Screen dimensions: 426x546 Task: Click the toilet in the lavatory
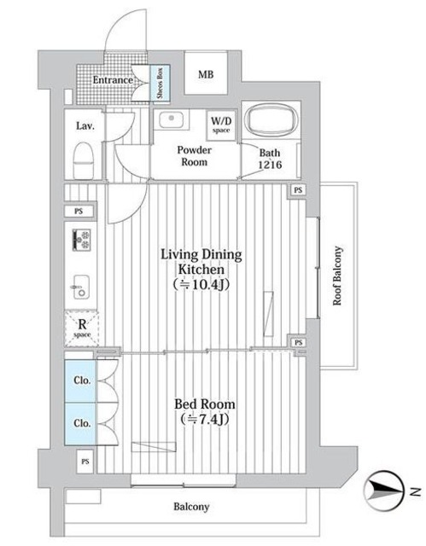[x=84, y=160]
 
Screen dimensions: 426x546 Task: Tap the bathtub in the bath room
[x=271, y=120]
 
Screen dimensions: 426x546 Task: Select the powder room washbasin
[x=172, y=120]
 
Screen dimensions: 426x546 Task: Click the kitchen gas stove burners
[x=81, y=240]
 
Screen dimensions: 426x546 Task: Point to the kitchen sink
[x=81, y=287]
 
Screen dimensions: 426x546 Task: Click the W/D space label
[x=221, y=125]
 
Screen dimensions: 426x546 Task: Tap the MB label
[x=206, y=74]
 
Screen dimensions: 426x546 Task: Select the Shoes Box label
[x=160, y=83]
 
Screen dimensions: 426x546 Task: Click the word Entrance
[x=113, y=80]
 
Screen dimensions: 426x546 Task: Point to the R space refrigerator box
[x=82, y=328]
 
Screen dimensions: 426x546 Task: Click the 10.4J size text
[x=201, y=285]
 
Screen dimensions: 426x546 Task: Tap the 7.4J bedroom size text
[x=205, y=419]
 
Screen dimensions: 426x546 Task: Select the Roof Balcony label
[x=337, y=276]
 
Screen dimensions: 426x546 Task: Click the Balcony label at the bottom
[x=191, y=507]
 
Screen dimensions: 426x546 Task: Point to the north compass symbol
[x=384, y=491]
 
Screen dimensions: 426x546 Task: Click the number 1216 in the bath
[x=270, y=165]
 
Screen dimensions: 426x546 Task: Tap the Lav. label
[x=85, y=125]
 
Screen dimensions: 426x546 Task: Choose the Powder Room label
[x=194, y=156]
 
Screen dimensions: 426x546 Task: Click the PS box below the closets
[x=85, y=462]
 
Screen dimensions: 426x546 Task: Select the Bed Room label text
[x=205, y=404]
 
